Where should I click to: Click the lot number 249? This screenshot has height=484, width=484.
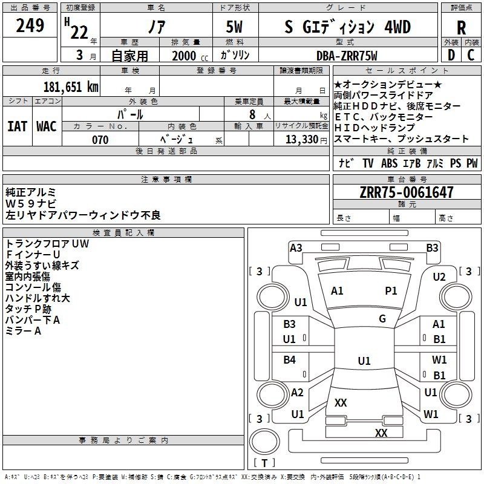(x=30, y=25)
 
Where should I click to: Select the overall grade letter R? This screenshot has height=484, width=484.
(x=461, y=28)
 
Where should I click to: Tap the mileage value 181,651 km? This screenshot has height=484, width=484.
(x=71, y=87)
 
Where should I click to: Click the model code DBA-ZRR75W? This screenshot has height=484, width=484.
(x=347, y=56)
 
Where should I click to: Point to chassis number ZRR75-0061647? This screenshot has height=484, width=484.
(x=407, y=192)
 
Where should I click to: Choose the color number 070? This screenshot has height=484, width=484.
(x=100, y=140)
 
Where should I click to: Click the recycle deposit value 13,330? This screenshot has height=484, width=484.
(x=302, y=140)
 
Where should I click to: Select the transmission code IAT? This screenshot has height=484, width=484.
(x=18, y=126)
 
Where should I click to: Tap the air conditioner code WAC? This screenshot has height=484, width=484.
(x=47, y=126)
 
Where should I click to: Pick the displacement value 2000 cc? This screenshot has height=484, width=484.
(x=190, y=56)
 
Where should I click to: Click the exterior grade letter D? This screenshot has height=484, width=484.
(x=451, y=55)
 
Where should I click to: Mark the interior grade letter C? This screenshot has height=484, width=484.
(x=471, y=55)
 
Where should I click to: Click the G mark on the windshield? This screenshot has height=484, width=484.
(x=382, y=319)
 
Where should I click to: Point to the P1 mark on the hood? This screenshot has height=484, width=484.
(x=391, y=291)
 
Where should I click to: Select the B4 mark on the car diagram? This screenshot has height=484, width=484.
(x=289, y=360)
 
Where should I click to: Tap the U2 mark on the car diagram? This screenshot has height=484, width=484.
(x=439, y=277)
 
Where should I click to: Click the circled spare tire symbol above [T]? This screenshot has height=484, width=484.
(x=264, y=442)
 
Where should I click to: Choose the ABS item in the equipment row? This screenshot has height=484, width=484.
(x=389, y=163)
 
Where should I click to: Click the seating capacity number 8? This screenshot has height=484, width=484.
(x=252, y=114)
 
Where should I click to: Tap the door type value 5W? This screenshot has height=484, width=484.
(x=234, y=27)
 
